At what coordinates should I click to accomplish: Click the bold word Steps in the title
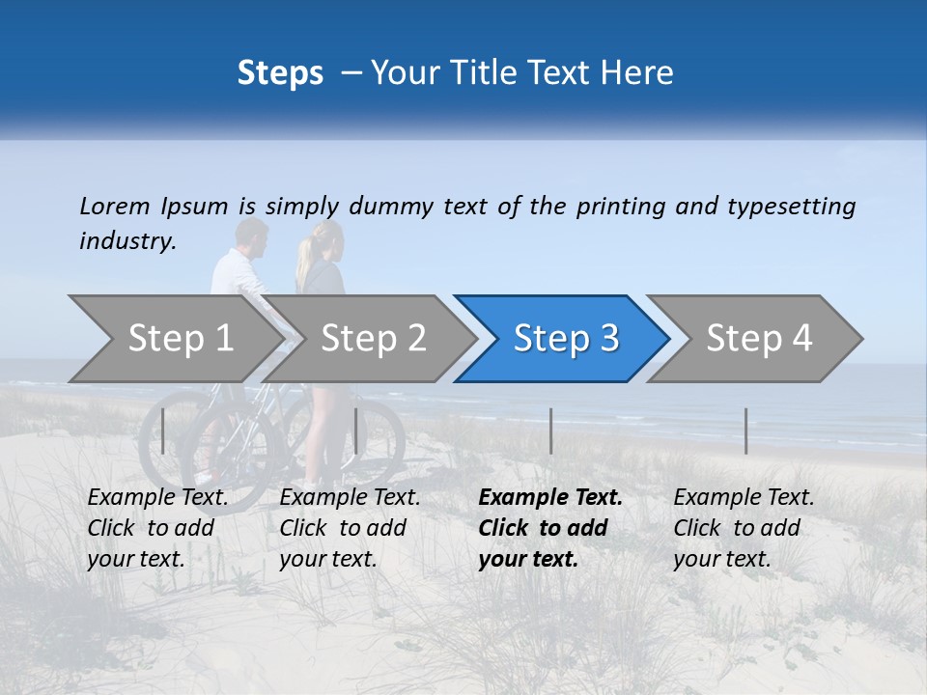tap(280, 73)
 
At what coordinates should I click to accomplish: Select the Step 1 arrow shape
tap(174, 338)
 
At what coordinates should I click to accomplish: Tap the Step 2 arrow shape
tap(372, 338)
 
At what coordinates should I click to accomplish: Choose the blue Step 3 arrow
tap(564, 338)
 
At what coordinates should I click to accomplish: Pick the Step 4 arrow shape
tap(758, 338)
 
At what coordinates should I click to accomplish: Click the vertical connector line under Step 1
tap(163, 431)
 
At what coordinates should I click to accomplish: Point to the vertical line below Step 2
tap(356, 431)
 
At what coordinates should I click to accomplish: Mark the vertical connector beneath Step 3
tap(550, 431)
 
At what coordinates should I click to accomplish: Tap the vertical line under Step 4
tap(745, 431)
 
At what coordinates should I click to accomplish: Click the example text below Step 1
tap(157, 528)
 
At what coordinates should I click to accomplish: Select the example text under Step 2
tap(350, 528)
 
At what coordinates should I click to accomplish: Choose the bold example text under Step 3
tap(550, 528)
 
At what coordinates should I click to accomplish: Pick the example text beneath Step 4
tap(744, 528)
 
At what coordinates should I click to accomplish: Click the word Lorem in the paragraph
tap(115, 206)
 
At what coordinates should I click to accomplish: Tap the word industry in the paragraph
tap(126, 241)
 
